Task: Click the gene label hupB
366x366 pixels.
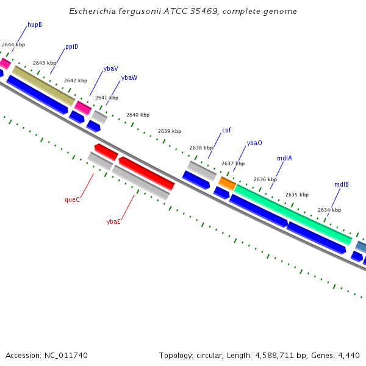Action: [35, 25]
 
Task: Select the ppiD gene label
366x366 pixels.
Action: [71, 46]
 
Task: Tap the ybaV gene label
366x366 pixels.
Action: [111, 69]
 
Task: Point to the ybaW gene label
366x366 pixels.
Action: [129, 78]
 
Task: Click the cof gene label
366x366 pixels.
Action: [226, 130]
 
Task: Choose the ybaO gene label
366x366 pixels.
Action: [254, 143]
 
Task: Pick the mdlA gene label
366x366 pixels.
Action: [284, 158]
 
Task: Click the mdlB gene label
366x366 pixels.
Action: [341, 184]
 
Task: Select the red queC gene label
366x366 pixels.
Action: [72, 199]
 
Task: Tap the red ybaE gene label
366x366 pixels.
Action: [113, 221]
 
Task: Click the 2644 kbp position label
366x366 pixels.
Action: [13, 45]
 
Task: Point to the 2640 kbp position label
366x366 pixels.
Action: [137, 115]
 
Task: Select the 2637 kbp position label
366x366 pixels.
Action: [232, 163]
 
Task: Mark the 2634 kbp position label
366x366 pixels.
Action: [329, 210]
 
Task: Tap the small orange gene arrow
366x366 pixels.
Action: [227, 183]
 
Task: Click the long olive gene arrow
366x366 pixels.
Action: [43, 85]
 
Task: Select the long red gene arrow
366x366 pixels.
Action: [146, 173]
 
